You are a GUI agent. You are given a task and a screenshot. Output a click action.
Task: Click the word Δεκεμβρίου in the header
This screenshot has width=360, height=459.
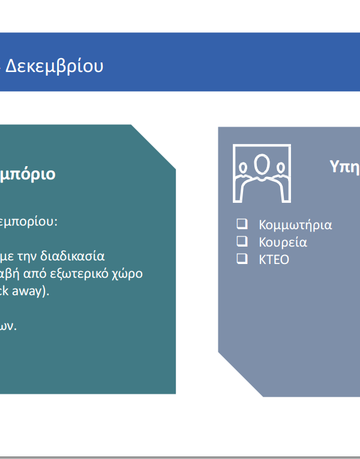coord(55,66)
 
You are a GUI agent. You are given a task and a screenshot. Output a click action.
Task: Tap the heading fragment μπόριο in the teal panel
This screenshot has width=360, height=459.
coord(28,175)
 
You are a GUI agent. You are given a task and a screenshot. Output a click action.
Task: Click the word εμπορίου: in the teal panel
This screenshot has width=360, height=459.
coord(29,222)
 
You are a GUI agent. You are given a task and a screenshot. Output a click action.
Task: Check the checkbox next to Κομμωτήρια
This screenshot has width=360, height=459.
coord(242,224)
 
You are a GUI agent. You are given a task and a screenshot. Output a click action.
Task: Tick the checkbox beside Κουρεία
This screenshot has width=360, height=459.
coord(242,242)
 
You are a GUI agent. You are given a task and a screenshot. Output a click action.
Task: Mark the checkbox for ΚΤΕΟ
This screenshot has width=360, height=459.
coord(242,259)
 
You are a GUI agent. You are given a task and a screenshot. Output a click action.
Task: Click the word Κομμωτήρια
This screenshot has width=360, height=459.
coord(295,225)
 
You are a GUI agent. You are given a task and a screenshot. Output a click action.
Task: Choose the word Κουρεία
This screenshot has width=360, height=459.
coord(283,242)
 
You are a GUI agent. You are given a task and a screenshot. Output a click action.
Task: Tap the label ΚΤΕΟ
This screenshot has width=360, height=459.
coord(274,260)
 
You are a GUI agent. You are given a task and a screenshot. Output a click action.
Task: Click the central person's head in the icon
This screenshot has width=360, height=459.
coord(262,164)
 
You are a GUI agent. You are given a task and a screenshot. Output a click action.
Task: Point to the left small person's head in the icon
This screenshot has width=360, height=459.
coord(243,168)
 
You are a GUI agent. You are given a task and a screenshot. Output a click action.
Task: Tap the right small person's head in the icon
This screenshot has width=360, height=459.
coord(281,168)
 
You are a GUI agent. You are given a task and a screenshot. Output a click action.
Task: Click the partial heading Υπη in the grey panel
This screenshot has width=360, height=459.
coord(345,167)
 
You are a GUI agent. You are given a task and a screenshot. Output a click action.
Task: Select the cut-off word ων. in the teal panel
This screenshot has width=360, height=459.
coord(8,326)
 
